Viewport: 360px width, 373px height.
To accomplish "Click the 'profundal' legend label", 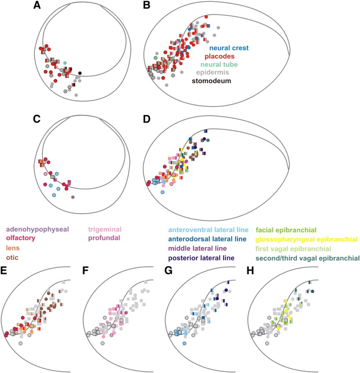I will pos(106,237).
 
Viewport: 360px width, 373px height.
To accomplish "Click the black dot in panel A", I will pos(80,73).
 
